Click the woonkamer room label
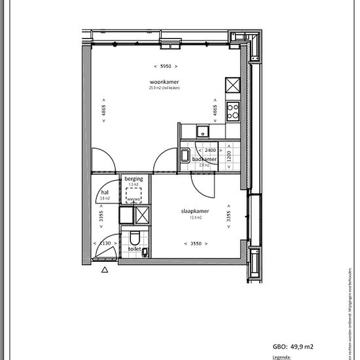click(164, 82)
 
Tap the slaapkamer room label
click(194, 212)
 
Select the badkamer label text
click(204, 160)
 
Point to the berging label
click(134, 179)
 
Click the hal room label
click(105, 192)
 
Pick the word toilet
click(134, 249)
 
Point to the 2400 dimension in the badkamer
click(206, 151)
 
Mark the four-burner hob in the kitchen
click(233, 112)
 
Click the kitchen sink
click(204, 128)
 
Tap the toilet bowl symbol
click(134, 237)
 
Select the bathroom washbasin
click(186, 156)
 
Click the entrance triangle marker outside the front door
click(104, 268)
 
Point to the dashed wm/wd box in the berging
click(134, 197)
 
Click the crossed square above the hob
click(233, 85)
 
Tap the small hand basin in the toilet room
click(146, 252)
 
